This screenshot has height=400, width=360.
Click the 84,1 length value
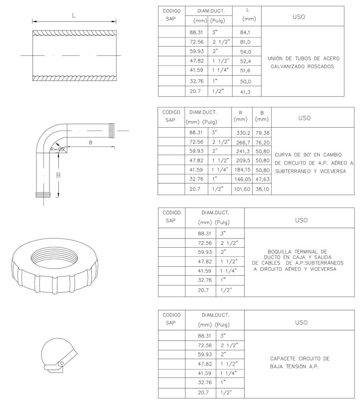click(245, 33)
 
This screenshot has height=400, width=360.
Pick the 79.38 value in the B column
click(262, 133)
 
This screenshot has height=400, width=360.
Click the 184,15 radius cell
click(241, 170)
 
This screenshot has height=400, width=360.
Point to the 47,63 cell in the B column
click(262, 180)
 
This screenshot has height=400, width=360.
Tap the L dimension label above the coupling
click(74, 16)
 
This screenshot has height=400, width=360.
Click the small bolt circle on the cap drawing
click(62, 363)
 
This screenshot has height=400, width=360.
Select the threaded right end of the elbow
click(112, 130)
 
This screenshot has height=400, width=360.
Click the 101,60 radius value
click(241, 189)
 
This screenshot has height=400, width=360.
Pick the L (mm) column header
click(247, 15)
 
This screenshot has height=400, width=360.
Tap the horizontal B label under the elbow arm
click(91, 143)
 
